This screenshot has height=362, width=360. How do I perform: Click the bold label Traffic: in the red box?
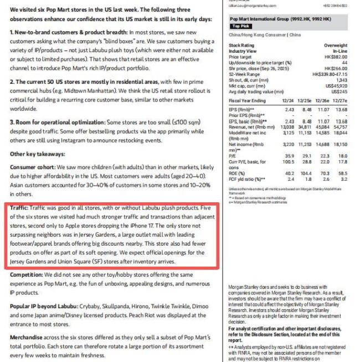coord(24,208)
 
